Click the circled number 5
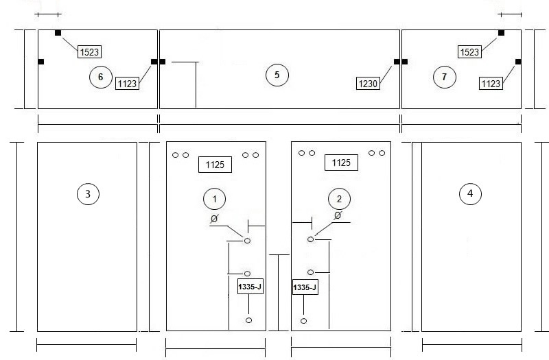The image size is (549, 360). pos(277,75)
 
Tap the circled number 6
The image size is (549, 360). pos(100,77)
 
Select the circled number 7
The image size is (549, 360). pos(444,77)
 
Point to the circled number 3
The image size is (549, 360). pos(88,194)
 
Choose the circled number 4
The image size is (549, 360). pos(470,193)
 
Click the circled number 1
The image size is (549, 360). pos(214,199)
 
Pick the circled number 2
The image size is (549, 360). pos(339,199)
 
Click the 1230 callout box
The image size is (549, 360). pos(368,84)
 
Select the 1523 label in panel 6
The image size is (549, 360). pos(89,52)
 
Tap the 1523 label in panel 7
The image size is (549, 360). pos(469,52)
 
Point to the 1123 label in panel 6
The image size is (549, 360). pos(127,84)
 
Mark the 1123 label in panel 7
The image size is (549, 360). pos(491,84)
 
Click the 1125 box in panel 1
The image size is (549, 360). pos(215,165)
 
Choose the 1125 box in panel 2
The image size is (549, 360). pos(341,163)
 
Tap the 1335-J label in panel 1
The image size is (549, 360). pos(250,287)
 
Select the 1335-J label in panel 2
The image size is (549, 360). pos(305,287)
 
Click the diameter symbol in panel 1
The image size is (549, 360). pos(214,219)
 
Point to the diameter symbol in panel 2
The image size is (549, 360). pos(338,215)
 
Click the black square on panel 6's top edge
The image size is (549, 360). pos(58,33)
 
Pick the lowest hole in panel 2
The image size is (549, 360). pos(303,321)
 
